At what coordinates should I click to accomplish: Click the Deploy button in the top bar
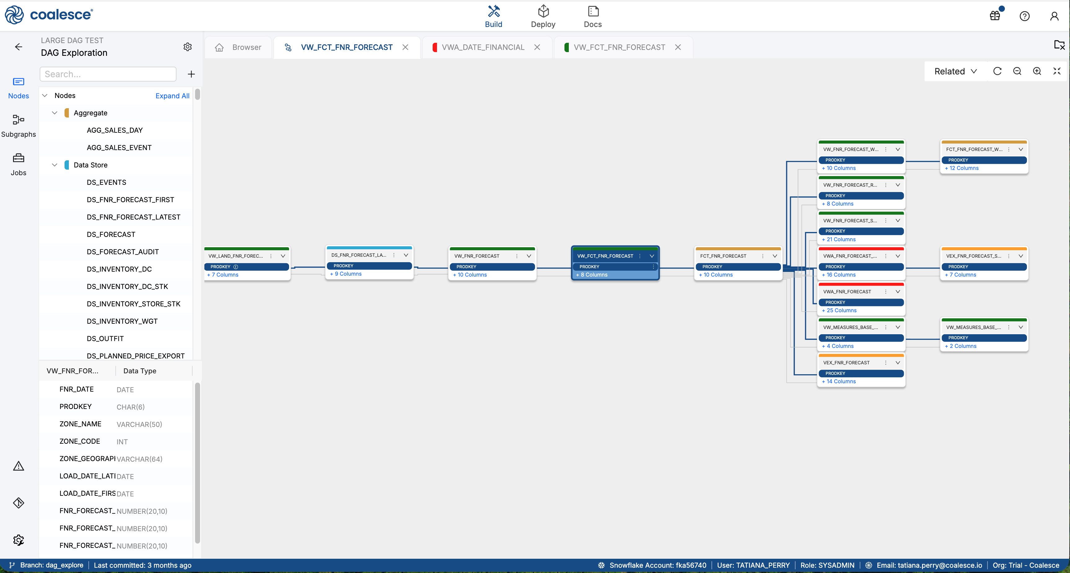click(x=543, y=17)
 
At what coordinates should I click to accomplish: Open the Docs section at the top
click(x=593, y=17)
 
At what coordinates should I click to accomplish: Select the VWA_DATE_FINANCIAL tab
click(x=483, y=47)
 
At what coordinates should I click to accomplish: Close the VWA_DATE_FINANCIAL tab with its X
click(x=537, y=47)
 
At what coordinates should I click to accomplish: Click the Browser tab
click(x=239, y=47)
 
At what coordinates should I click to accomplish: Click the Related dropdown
click(x=955, y=71)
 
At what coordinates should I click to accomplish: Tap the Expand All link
click(x=172, y=96)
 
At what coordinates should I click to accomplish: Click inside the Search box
click(x=108, y=74)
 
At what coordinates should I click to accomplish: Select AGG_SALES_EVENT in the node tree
click(x=119, y=147)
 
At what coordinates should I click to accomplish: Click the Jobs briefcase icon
click(x=18, y=158)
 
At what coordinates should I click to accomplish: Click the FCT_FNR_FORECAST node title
click(x=723, y=256)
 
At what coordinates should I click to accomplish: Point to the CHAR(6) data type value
click(x=131, y=407)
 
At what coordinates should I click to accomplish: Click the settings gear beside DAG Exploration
click(x=188, y=47)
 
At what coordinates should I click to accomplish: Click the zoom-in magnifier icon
click(x=1037, y=71)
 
